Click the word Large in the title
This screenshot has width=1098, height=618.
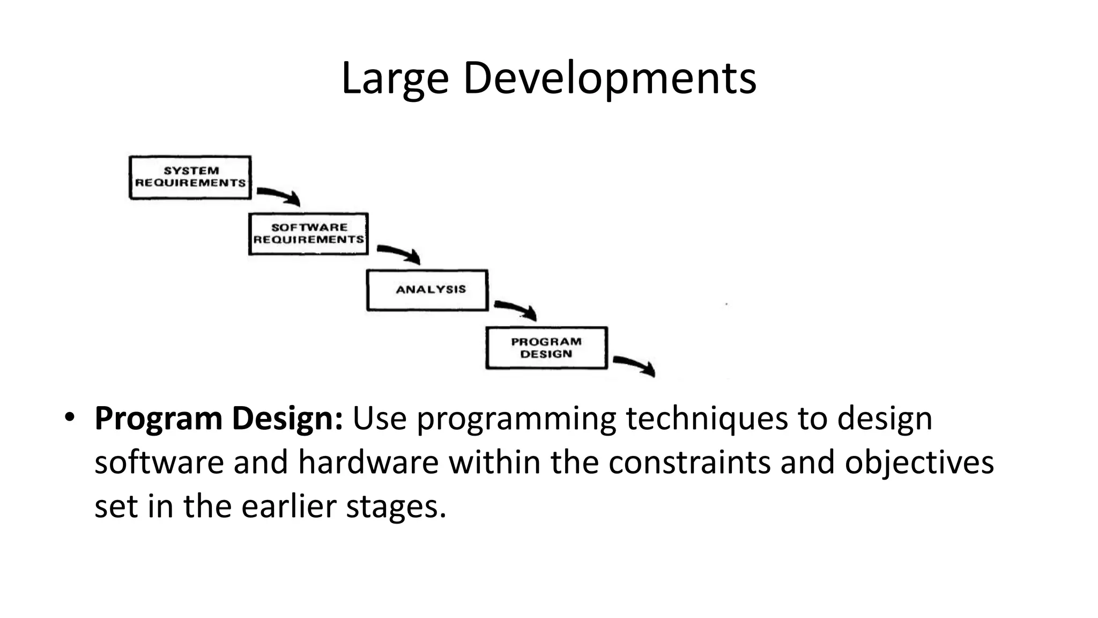(395, 79)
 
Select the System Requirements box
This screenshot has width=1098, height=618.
(190, 177)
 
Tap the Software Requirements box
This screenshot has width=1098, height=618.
(309, 234)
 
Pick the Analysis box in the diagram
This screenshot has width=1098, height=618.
(428, 290)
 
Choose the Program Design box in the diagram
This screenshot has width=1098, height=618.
(546, 348)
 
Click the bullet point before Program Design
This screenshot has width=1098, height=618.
(69, 417)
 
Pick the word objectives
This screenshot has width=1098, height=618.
(919, 462)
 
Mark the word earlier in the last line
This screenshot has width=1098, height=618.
(288, 506)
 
